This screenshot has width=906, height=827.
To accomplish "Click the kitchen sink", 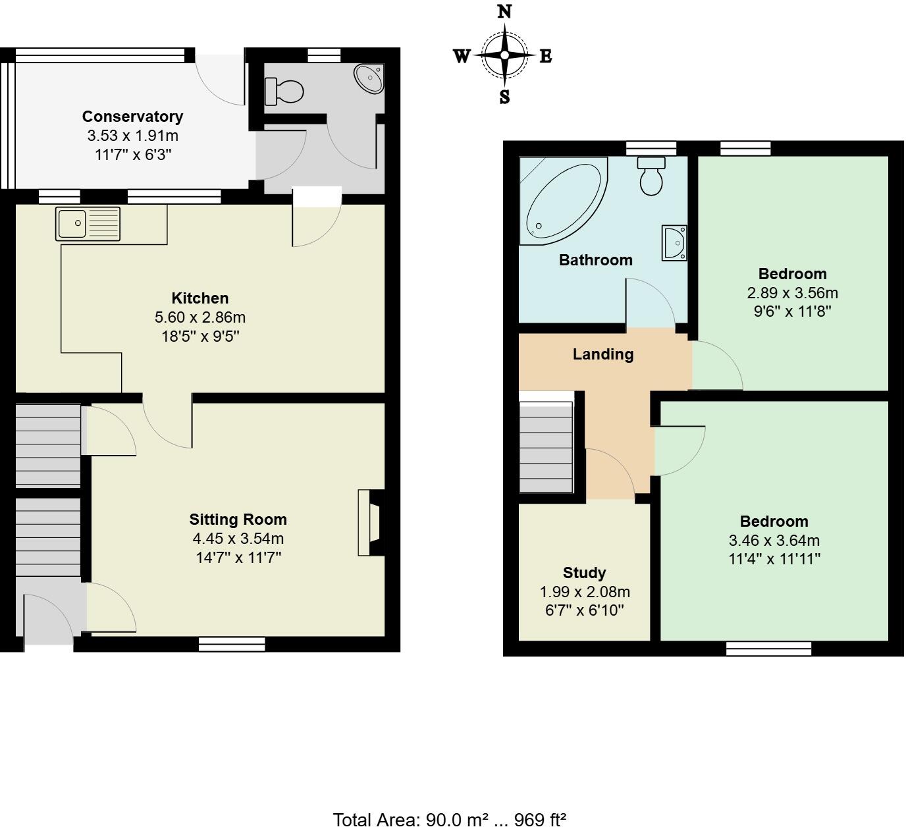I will point(88,223).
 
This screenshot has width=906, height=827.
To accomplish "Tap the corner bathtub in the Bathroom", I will point(563,200).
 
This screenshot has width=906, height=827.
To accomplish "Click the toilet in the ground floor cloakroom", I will point(284,92).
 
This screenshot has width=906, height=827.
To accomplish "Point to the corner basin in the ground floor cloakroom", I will point(369,79).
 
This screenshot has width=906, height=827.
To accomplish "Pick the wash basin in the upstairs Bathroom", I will point(675,242).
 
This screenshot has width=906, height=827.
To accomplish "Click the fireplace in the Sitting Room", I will point(371,523).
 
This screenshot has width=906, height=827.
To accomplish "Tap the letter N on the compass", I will point(504,12).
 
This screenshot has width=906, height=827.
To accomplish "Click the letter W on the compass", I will point(462,57).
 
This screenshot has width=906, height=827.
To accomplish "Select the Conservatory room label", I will point(132,117).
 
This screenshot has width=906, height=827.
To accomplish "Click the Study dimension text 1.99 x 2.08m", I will point(584,591).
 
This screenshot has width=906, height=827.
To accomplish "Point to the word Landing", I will point(602,354).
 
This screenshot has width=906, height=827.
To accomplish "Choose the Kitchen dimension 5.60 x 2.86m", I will point(200,317).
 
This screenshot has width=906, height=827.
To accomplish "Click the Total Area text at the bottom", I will point(449,819).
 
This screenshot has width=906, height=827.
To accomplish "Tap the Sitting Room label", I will point(238,520).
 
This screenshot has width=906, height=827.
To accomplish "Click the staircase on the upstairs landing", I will point(546,448).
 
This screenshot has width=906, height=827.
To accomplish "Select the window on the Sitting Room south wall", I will point(232,644).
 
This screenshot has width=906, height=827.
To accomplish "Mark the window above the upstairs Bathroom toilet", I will point(651,148).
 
